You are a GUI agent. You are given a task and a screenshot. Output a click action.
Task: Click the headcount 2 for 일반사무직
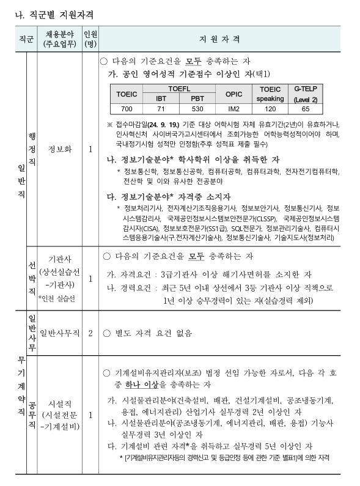[x=90, y=333]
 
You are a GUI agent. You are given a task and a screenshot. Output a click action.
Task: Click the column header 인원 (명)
[x=90, y=39]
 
